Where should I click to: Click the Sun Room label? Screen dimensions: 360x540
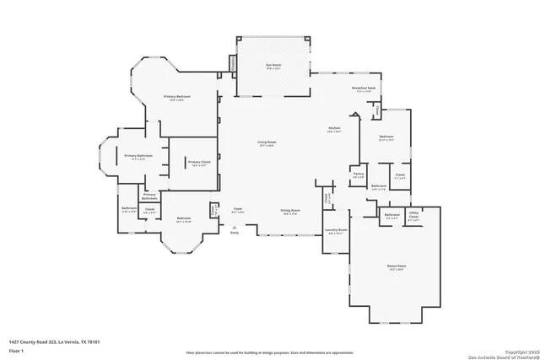point(274,66)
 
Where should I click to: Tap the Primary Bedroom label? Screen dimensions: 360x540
point(177,97)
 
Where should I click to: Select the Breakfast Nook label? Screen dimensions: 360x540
point(364,89)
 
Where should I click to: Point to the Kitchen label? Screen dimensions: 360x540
point(334,128)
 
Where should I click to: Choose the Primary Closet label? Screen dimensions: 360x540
point(199,162)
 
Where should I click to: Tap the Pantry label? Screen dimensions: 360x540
point(358,174)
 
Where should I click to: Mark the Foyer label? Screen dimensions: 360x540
point(239,209)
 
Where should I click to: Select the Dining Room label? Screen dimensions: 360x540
point(291,211)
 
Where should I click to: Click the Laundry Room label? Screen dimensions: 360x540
point(336,229)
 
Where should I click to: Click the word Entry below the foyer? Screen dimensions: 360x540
point(235,232)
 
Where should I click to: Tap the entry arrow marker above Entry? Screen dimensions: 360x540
point(235,226)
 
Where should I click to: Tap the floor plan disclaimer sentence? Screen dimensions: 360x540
point(270,351)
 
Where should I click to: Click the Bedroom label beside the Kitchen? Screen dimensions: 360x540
point(386,137)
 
